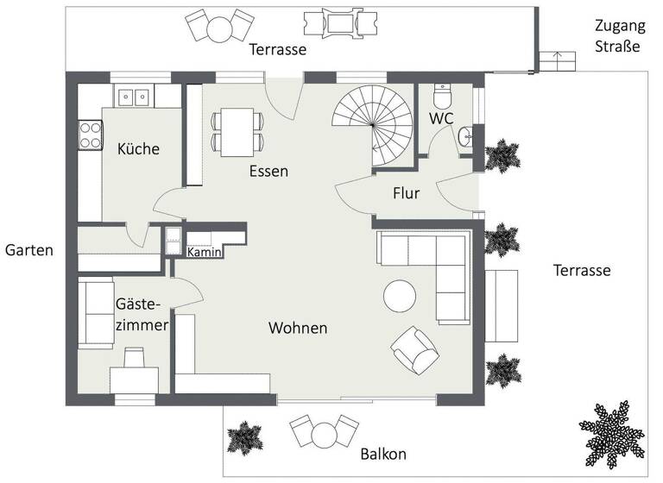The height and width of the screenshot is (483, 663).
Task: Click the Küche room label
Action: (138, 149)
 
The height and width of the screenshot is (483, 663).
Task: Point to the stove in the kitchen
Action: (91, 133)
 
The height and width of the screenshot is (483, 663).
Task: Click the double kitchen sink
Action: (133, 95)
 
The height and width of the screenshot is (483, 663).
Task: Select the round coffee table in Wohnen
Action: (401, 297)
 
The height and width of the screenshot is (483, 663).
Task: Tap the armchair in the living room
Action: (415, 349)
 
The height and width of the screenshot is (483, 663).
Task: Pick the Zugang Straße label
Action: (616, 37)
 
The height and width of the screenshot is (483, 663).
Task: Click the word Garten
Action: (29, 251)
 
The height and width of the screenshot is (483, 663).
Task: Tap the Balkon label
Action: (383, 455)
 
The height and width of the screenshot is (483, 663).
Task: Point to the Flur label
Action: (406, 193)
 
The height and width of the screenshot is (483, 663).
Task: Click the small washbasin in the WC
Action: (467, 135)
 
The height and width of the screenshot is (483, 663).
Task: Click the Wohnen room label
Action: (298, 329)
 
